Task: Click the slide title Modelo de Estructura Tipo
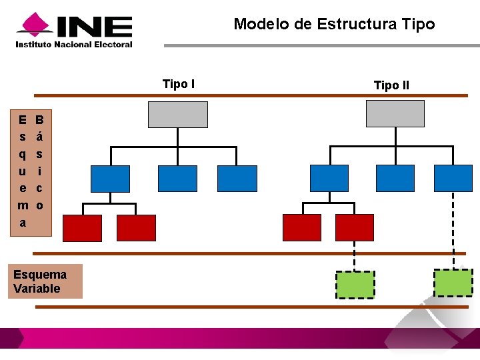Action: pyautogui.click(x=334, y=25)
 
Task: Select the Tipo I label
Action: pyautogui.click(x=179, y=83)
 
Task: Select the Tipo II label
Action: pyautogui.click(x=391, y=85)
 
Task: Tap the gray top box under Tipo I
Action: pyautogui.click(x=178, y=114)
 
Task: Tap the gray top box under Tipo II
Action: pyautogui.click(x=395, y=113)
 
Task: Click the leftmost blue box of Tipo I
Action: pyautogui.click(x=110, y=178)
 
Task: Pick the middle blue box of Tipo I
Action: pyautogui.click(x=177, y=178)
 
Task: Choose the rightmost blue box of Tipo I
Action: pyautogui.click(x=237, y=178)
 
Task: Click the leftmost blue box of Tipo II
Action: pyautogui.click(x=330, y=178)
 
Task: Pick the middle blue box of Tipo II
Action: pyautogui.click(x=395, y=178)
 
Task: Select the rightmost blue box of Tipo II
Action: pyautogui.click(x=453, y=178)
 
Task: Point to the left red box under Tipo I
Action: pyautogui.click(x=82, y=227)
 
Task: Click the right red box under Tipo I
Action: pyautogui.click(x=136, y=227)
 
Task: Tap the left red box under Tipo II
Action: pyautogui.click(x=302, y=227)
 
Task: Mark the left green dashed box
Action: pyautogui.click(x=355, y=285)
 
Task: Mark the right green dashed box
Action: pyautogui.click(x=453, y=283)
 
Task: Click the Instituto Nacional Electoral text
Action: pyautogui.click(x=74, y=45)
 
